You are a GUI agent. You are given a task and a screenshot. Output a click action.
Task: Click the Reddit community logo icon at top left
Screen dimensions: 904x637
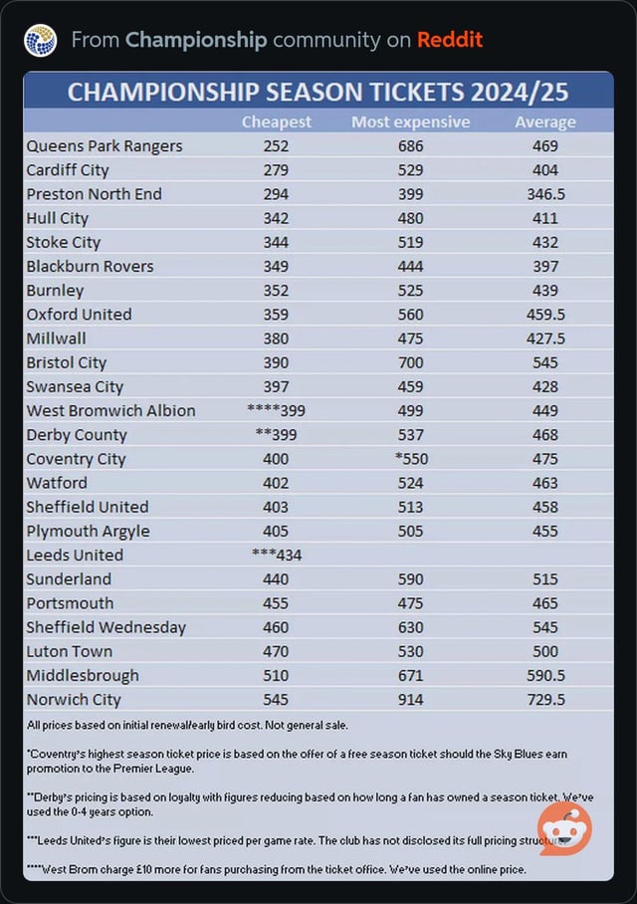tap(40, 40)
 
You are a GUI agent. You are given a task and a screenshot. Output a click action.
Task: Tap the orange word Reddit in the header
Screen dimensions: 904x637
tap(450, 40)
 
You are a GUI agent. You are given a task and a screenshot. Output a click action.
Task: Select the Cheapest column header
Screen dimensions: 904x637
tap(276, 121)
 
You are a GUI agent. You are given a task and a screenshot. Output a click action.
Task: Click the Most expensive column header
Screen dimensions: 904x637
tap(410, 121)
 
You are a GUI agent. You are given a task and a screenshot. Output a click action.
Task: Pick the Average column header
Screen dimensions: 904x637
tap(544, 121)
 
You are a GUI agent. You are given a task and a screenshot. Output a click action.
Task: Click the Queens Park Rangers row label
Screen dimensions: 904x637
tap(105, 145)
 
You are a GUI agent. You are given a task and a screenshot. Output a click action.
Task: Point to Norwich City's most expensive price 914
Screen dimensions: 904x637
tap(410, 699)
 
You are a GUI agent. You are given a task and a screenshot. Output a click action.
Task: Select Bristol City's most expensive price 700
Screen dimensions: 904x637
tap(410, 362)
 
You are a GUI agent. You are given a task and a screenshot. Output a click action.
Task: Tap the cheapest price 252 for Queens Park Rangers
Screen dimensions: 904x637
tap(276, 145)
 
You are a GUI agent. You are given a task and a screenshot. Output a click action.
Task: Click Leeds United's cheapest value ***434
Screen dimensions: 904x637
tap(276, 555)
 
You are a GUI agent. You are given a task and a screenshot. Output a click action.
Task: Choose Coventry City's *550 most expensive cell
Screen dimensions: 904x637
tap(410, 459)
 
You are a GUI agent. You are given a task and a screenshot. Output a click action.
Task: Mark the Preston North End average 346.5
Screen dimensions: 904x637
tap(545, 194)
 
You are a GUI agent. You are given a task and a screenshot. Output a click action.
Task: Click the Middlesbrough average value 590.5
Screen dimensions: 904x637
tap(545, 675)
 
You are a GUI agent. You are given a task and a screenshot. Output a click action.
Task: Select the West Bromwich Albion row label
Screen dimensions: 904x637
tap(110, 410)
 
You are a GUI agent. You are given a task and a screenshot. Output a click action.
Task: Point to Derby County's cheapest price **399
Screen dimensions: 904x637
tap(276, 435)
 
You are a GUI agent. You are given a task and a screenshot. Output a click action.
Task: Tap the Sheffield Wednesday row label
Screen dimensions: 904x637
tap(106, 627)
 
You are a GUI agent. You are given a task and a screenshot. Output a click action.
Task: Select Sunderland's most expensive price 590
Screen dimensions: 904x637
tap(410, 578)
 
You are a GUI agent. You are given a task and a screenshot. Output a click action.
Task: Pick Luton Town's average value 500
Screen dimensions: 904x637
tap(545, 651)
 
